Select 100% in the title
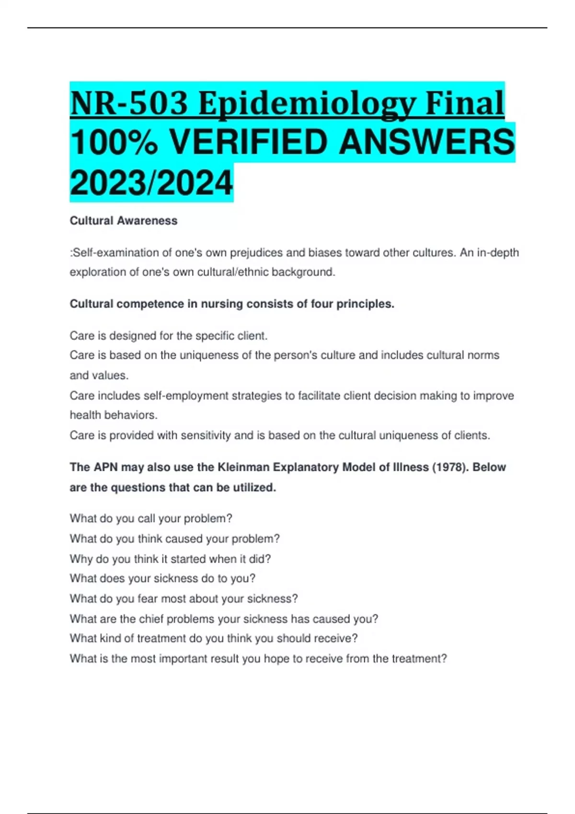[x=114, y=143]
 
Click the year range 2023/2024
[x=151, y=183]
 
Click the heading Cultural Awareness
[x=124, y=221]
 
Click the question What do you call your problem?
[x=151, y=519]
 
